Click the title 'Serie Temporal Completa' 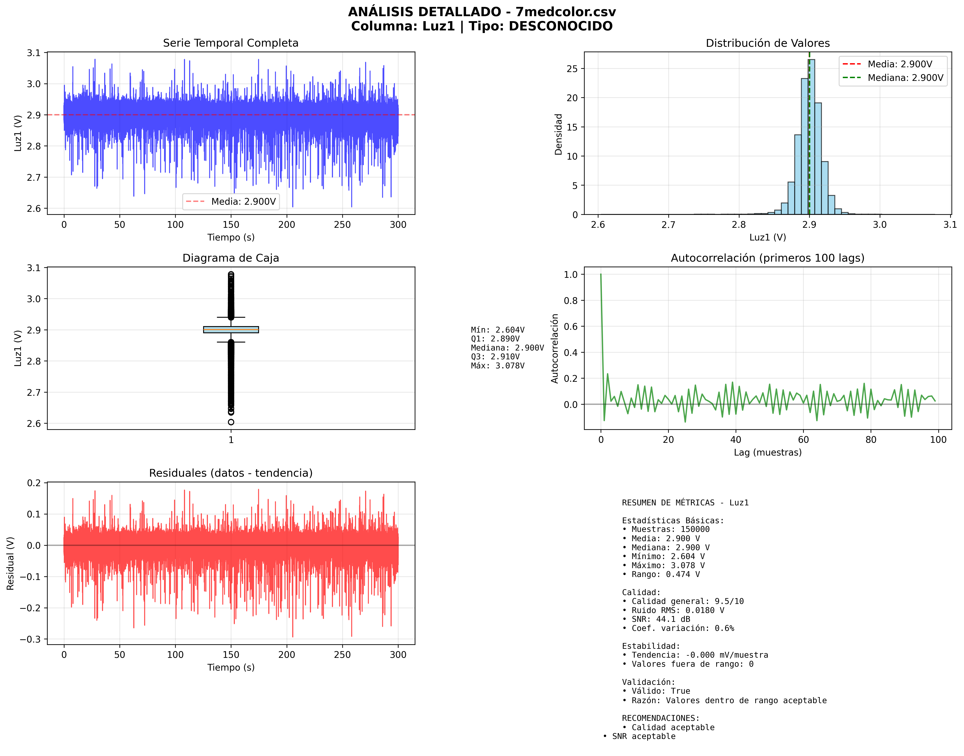pos(231,43)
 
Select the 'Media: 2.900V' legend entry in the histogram pos(899,64)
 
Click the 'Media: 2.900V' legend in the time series pos(243,202)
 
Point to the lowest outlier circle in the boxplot pos(231,422)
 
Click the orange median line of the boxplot pos(231,330)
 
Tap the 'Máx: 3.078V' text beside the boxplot pos(498,366)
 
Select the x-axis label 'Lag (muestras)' pos(768,452)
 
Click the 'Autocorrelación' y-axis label pos(555,348)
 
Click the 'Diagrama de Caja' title pos(231,258)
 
